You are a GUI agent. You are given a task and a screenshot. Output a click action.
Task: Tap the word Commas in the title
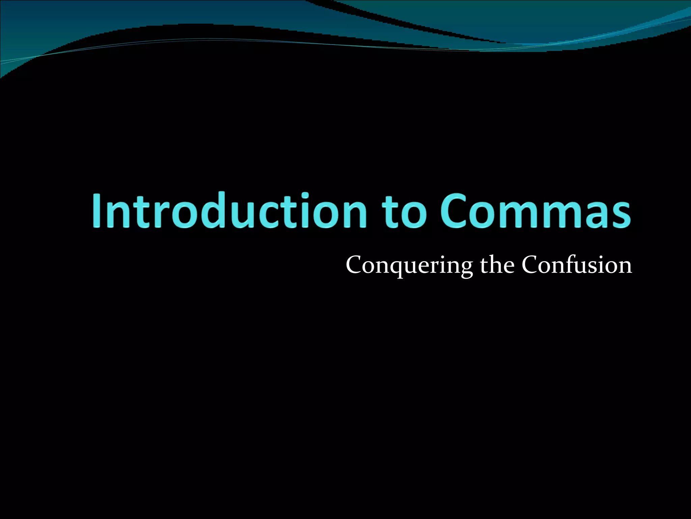[x=535, y=210]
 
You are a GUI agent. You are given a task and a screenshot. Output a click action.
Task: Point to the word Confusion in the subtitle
[x=577, y=265]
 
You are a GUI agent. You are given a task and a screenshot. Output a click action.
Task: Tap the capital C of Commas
[x=453, y=210]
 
